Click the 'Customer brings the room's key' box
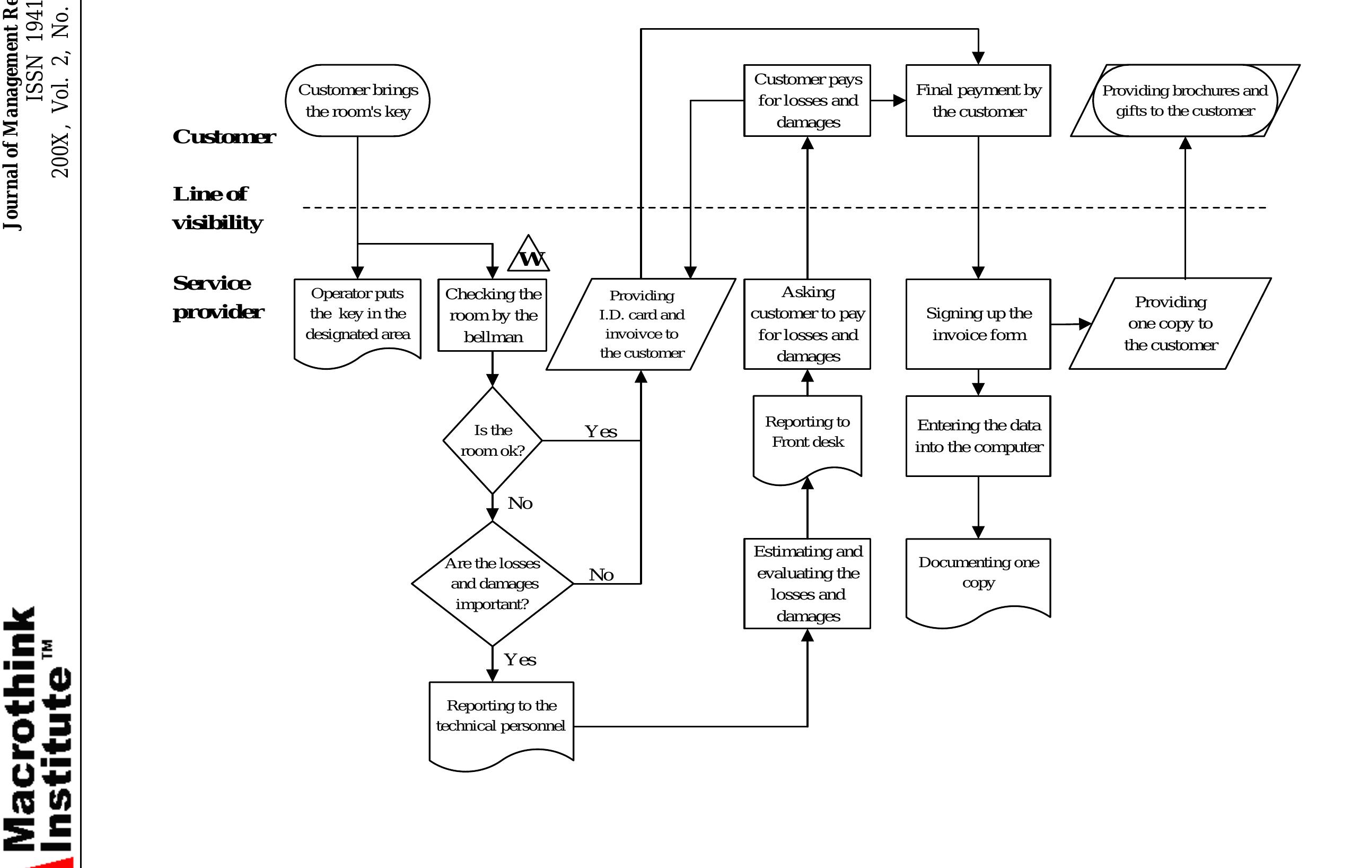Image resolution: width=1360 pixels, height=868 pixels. [357, 101]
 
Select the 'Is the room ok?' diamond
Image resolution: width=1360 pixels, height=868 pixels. [493, 440]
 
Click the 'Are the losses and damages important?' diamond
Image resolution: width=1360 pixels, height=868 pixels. [493, 583]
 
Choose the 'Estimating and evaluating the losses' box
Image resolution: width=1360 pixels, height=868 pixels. [807, 583]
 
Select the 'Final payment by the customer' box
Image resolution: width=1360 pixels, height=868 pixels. [978, 101]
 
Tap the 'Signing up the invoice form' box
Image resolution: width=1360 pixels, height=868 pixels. [978, 324]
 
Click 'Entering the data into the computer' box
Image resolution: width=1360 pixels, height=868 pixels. [978, 436]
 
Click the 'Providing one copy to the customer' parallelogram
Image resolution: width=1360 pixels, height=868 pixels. [1170, 324]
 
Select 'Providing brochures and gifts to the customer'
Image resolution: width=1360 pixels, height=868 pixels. [1185, 101]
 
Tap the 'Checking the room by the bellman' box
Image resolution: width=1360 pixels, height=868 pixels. [493, 315]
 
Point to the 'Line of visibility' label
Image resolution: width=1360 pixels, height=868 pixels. [217, 208]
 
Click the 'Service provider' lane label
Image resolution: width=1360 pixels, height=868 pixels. [217, 297]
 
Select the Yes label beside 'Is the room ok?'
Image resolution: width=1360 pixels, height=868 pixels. [601, 432]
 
